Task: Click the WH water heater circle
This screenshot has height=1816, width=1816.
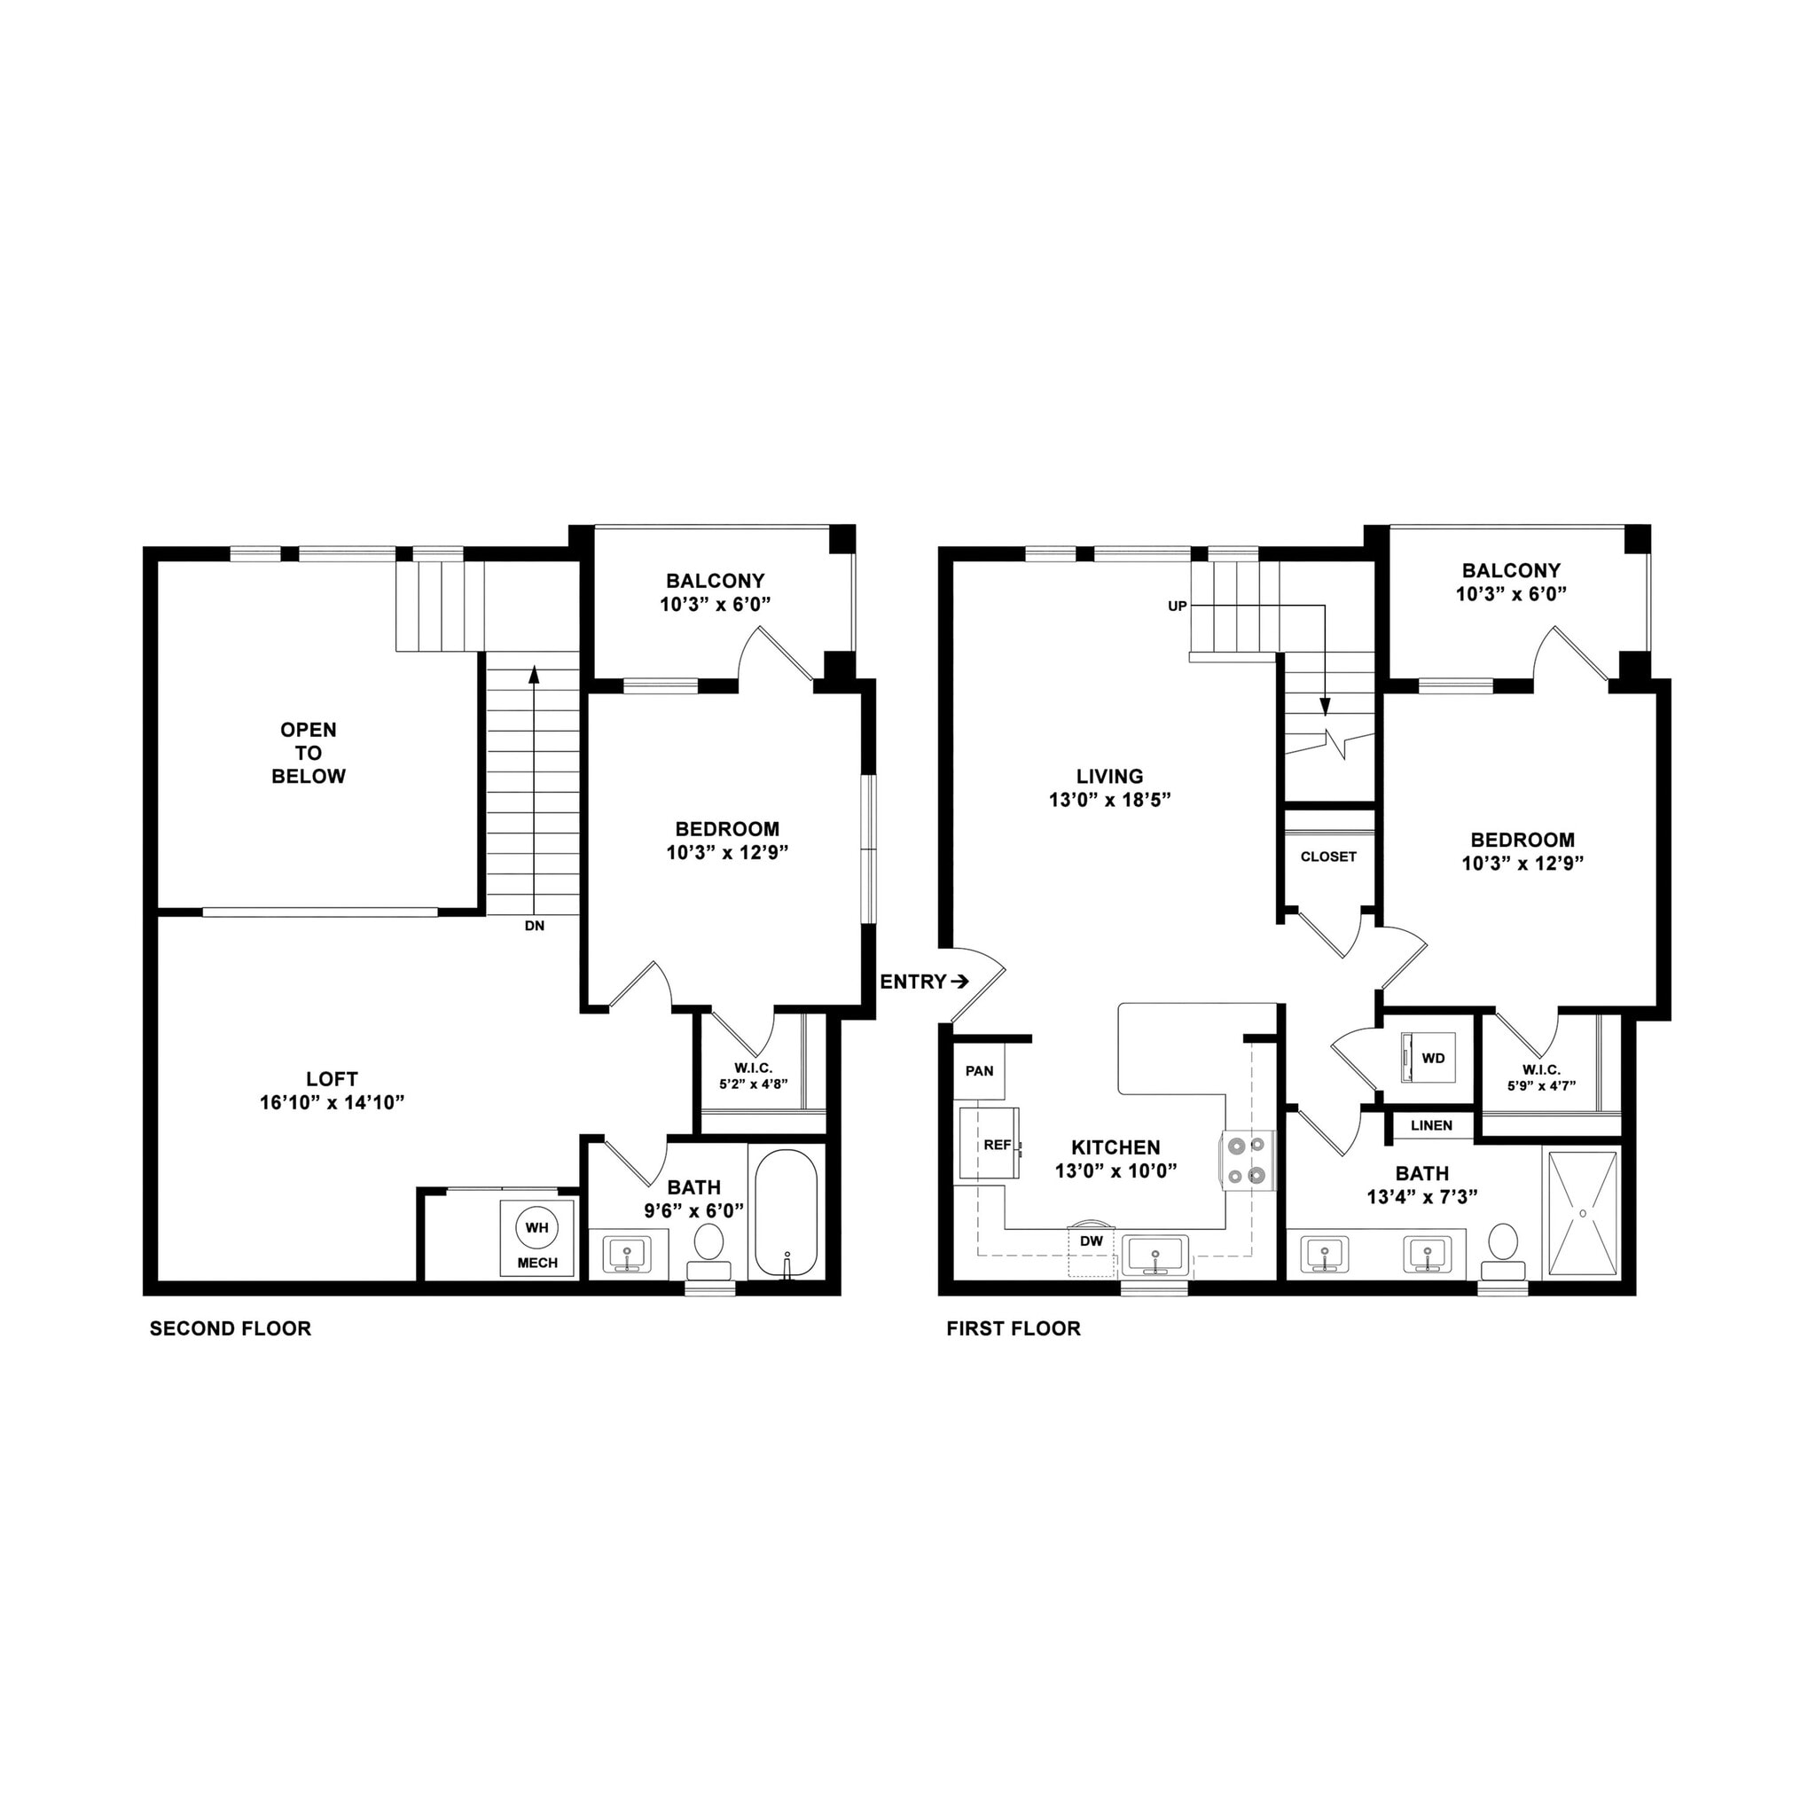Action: pyautogui.click(x=536, y=1227)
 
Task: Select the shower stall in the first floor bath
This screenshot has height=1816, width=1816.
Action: pyautogui.click(x=1583, y=1212)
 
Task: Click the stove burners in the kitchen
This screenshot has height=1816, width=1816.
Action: pyautogui.click(x=1248, y=1159)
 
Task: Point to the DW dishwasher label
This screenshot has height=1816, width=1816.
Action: pyautogui.click(x=1092, y=1241)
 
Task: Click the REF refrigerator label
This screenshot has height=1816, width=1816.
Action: pyautogui.click(x=998, y=1145)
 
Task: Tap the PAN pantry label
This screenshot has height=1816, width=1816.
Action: pyautogui.click(x=980, y=1070)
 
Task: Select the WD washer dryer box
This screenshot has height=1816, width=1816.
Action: pyautogui.click(x=1428, y=1058)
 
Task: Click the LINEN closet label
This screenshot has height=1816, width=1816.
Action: pyautogui.click(x=1431, y=1125)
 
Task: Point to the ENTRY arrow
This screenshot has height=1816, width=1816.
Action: pyautogui.click(x=959, y=982)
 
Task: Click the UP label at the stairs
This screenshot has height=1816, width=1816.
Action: pyautogui.click(x=1177, y=607)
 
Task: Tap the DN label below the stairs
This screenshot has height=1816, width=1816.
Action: pyautogui.click(x=534, y=925)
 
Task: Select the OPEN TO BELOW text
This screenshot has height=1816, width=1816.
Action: pyautogui.click(x=309, y=753)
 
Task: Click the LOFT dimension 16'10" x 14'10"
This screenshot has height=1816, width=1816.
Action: pyautogui.click(x=332, y=1101)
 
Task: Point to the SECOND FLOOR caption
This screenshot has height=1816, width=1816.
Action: pyautogui.click(x=231, y=1328)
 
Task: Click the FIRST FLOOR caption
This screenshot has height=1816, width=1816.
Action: pyautogui.click(x=1014, y=1328)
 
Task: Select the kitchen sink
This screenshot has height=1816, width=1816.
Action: pyautogui.click(x=1155, y=1256)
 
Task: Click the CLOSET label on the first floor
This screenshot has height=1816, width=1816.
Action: pyautogui.click(x=1328, y=857)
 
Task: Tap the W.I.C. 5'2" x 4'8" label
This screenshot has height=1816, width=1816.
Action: pyautogui.click(x=753, y=1076)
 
